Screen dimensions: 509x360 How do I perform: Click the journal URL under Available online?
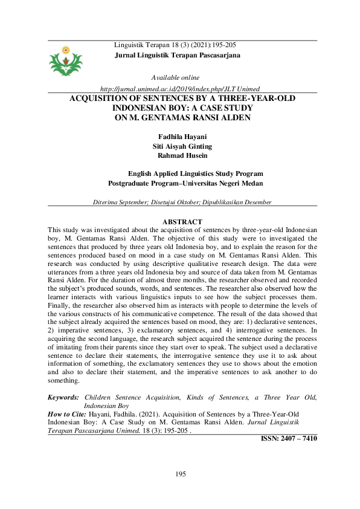point(179,88)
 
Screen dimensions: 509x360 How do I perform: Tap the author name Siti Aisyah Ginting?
point(179,146)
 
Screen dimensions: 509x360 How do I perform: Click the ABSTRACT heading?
point(182,222)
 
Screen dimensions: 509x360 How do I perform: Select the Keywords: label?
point(63,397)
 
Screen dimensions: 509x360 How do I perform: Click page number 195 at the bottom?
point(180,473)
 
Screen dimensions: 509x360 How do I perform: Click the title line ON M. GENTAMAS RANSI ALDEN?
point(182,118)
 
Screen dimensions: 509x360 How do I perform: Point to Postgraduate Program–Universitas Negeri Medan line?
point(185,183)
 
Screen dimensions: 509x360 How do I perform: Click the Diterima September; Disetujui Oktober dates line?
point(182,202)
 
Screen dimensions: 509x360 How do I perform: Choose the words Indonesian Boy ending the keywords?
point(106,405)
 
